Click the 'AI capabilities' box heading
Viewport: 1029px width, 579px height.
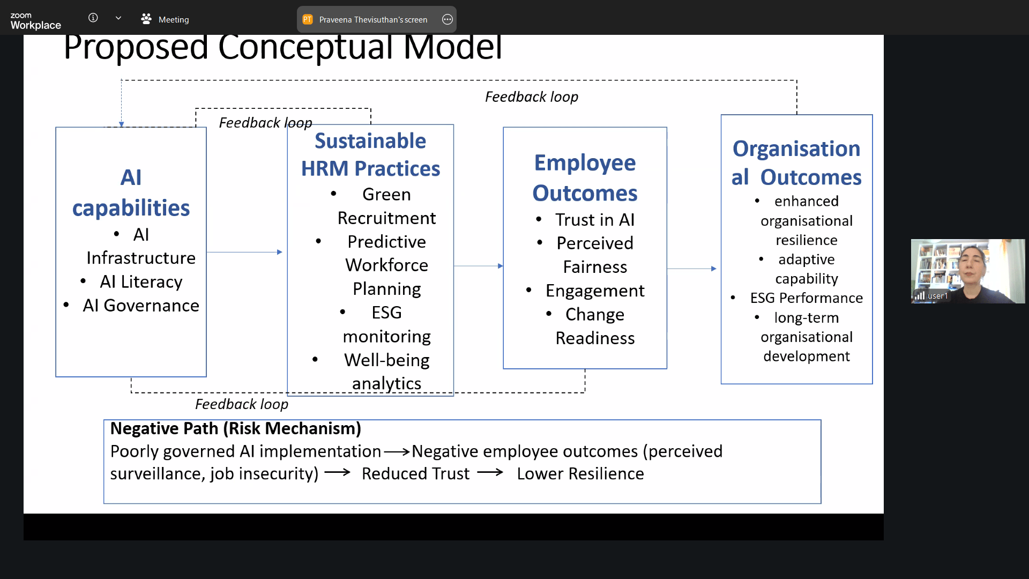131,192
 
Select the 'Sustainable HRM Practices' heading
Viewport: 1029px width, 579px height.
370,154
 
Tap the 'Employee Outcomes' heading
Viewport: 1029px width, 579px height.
585,177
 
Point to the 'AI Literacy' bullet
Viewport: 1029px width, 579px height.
141,281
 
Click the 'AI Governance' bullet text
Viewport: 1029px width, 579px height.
141,305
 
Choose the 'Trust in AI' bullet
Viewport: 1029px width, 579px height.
595,219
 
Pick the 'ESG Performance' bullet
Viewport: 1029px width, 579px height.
807,298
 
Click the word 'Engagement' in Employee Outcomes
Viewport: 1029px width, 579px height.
595,291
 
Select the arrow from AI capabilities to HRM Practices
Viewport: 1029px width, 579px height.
244,252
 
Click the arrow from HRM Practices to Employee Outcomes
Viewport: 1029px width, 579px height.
479,266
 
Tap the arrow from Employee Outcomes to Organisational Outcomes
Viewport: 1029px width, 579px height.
692,269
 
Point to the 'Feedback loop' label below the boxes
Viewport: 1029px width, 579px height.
242,404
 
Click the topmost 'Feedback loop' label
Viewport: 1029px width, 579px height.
532,96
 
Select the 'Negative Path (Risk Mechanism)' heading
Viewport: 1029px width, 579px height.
236,429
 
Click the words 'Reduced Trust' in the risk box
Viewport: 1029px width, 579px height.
415,474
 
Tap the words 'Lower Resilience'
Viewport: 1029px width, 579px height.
580,474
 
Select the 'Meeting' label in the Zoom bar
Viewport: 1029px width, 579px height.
174,20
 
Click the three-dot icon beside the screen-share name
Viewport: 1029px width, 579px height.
448,19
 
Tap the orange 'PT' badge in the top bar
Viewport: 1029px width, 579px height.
308,19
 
